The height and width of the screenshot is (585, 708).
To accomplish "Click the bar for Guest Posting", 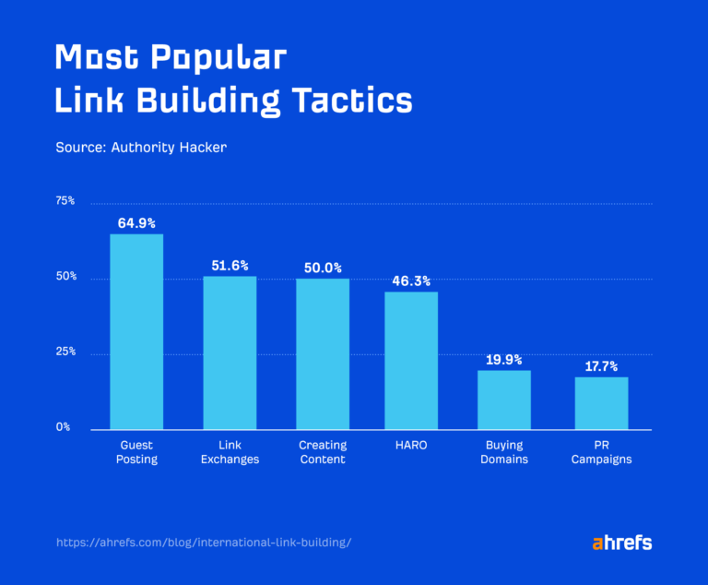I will (x=136, y=331).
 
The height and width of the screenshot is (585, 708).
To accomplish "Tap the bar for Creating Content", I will (x=323, y=354).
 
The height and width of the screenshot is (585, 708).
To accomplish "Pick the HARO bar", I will (x=411, y=360).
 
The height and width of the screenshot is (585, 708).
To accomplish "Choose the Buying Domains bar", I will (x=504, y=400).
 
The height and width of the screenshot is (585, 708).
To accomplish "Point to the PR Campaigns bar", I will (x=601, y=403).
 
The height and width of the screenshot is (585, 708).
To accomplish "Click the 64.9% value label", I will (x=136, y=222).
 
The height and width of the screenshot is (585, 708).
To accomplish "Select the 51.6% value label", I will (x=230, y=265).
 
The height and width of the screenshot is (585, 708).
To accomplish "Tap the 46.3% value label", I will (x=411, y=281).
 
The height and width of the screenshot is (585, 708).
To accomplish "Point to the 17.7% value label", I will (x=601, y=366).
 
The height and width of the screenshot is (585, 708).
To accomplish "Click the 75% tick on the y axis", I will (x=65, y=201).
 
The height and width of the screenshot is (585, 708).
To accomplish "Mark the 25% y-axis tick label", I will (x=65, y=352).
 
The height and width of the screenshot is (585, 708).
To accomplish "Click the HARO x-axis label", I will (x=411, y=446).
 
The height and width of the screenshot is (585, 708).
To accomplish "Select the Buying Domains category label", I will (x=504, y=452).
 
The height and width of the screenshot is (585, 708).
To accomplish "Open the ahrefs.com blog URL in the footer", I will (x=204, y=543).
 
